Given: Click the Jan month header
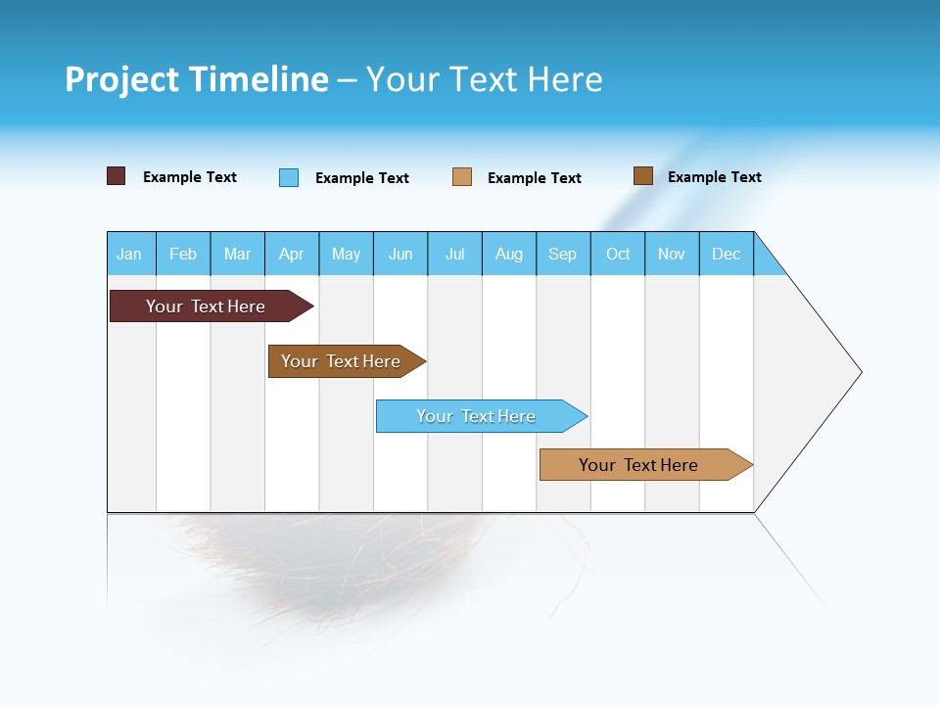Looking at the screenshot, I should coord(129,254).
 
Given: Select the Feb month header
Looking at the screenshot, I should coord(183,254).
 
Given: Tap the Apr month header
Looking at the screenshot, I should coord(292,254).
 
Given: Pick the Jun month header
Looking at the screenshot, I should coord(400,254).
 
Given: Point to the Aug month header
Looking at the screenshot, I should coord(509,254).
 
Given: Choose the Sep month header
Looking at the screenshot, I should coord(563,254).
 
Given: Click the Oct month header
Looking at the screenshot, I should coord(618,254).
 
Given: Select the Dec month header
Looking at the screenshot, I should coord(727,254).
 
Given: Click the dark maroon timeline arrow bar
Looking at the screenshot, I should coord(207,306).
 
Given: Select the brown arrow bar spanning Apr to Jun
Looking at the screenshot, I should coord(342,361).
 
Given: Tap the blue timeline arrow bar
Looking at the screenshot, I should coord(477,416).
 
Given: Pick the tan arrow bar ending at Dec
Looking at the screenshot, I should coord(639,465).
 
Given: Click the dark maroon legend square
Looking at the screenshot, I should coord(116,176).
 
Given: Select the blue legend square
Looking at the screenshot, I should coord(288,177).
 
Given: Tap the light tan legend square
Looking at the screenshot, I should coord(461,177).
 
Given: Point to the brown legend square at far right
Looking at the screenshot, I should coord(642,176).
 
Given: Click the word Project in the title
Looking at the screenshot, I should coord(121,79).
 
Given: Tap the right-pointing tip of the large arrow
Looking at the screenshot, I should coord(857,372).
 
